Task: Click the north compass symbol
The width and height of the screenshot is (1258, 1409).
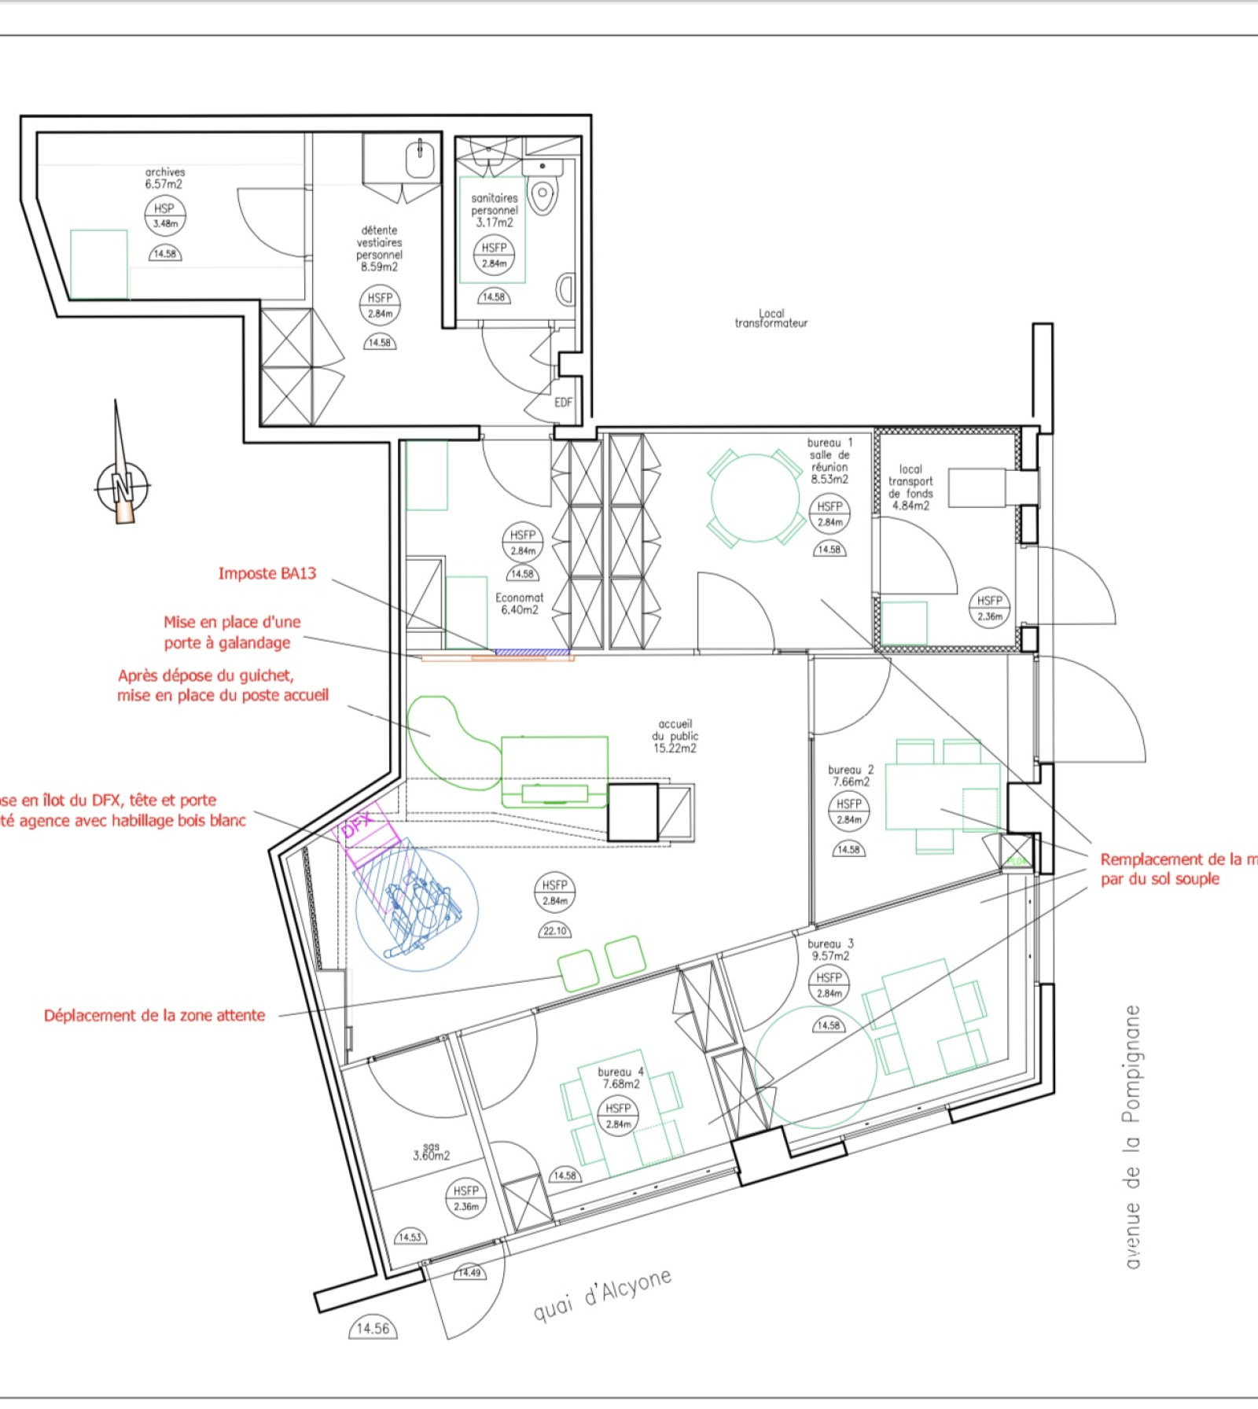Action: (x=122, y=486)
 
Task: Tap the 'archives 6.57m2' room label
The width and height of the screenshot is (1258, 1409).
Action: (x=164, y=178)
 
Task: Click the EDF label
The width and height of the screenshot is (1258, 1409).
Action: (x=564, y=403)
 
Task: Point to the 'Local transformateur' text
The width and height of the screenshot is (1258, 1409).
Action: (x=771, y=318)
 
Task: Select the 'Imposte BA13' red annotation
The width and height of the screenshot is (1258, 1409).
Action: (x=267, y=573)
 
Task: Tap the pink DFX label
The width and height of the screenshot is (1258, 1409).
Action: (x=359, y=825)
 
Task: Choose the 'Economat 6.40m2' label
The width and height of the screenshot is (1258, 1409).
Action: (x=519, y=603)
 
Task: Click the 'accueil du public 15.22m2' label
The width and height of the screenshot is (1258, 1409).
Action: (x=675, y=736)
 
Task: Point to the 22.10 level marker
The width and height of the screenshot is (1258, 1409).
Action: (x=554, y=931)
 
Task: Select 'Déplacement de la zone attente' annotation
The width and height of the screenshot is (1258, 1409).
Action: (x=154, y=1015)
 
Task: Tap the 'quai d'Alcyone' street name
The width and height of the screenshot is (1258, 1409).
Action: (x=602, y=1294)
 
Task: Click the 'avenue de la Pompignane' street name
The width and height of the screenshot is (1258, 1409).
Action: (x=1132, y=1136)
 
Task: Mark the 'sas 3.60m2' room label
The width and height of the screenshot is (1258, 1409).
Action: (x=431, y=1152)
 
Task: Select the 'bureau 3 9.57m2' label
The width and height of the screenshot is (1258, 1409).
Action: (x=830, y=949)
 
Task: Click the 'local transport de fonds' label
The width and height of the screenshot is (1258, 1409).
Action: (x=910, y=487)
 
